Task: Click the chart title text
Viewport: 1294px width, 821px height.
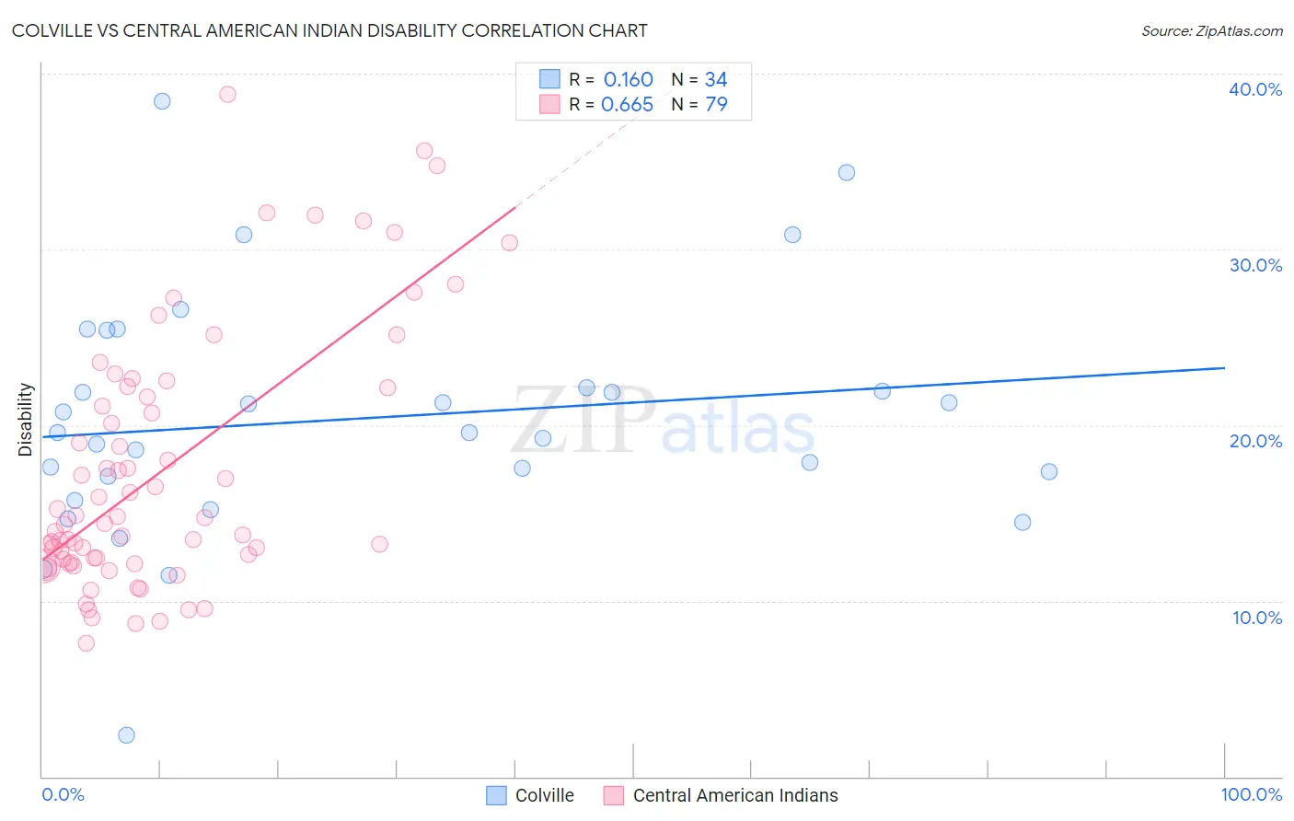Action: point(329,30)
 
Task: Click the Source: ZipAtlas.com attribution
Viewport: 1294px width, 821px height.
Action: point(1211,30)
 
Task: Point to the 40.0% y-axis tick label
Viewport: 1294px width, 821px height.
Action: point(1255,89)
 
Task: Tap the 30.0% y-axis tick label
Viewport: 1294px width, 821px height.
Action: point(1255,265)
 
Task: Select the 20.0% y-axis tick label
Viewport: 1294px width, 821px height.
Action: point(1255,441)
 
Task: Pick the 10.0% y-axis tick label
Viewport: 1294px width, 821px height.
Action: point(1257,618)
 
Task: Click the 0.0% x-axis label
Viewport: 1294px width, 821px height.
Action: point(63,794)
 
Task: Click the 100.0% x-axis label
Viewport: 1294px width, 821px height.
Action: point(1251,794)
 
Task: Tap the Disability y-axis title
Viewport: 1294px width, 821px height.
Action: point(26,420)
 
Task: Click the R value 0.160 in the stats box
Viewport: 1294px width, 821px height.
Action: point(628,80)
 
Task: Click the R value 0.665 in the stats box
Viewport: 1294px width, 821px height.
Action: point(627,105)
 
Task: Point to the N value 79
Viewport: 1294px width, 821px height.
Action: point(716,105)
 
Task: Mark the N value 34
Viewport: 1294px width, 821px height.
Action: point(716,80)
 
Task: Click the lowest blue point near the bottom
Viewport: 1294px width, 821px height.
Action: point(127,734)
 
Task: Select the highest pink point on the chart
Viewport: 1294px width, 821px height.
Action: point(227,94)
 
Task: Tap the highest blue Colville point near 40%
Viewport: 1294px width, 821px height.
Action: point(162,101)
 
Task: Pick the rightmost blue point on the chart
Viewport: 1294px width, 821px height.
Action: point(1049,471)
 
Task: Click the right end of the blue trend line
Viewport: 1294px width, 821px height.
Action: point(1224,368)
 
